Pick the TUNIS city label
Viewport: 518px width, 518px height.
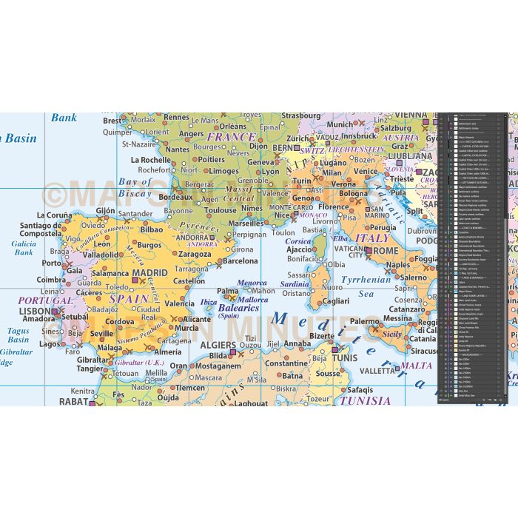(x=343, y=360)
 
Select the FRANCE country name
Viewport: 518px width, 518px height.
(x=231, y=137)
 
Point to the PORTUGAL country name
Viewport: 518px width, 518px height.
(x=46, y=300)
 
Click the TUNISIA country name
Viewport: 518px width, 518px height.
(x=363, y=401)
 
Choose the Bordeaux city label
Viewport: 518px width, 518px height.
(x=176, y=198)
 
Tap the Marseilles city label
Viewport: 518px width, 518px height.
(x=246, y=223)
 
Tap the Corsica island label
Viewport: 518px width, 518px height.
(x=298, y=241)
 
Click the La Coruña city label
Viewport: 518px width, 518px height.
(x=55, y=215)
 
